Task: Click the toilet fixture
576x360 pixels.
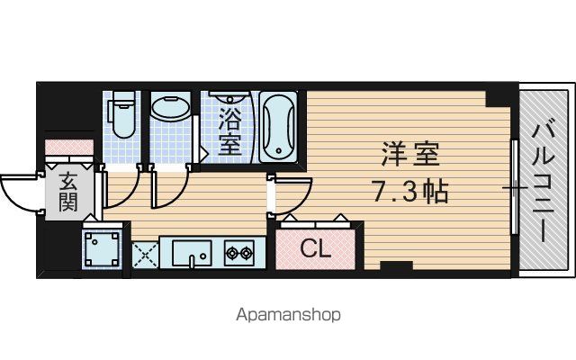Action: point(121,113)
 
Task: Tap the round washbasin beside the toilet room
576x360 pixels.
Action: point(170,108)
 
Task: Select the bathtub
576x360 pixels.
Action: point(278,127)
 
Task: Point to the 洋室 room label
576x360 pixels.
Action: point(410,154)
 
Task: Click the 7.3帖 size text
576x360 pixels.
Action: point(410,192)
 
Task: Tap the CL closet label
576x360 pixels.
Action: point(316,249)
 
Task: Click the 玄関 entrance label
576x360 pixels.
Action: point(68,192)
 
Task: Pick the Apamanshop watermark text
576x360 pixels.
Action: point(288,315)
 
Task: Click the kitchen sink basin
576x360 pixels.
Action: point(192,253)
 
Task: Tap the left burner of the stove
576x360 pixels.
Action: point(232,252)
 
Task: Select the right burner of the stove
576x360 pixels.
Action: point(246,252)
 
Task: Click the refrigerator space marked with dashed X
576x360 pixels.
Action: point(145,255)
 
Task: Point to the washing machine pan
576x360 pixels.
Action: point(102,248)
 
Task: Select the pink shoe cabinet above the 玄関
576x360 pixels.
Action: point(69,147)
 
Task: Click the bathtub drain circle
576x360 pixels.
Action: point(279,150)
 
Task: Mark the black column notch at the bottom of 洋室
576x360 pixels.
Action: point(396,265)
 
